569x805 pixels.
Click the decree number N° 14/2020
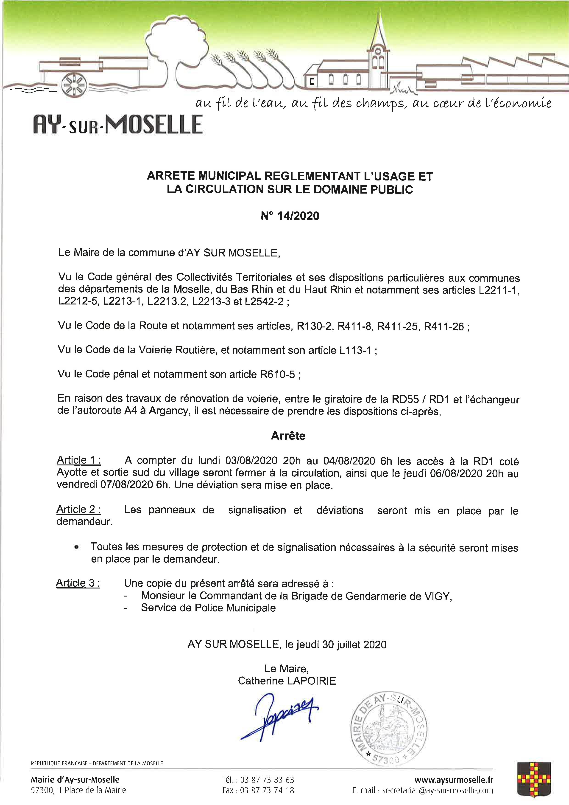pyautogui.click(x=290, y=216)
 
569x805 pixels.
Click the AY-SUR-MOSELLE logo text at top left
pyautogui.click(x=118, y=124)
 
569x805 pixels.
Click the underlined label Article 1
pyautogui.click(x=79, y=460)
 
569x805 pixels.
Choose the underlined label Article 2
pyautogui.click(x=78, y=509)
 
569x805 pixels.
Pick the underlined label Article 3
pyautogui.click(x=78, y=583)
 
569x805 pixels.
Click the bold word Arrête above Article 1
pyautogui.click(x=288, y=436)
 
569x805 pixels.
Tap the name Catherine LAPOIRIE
pyautogui.click(x=287, y=681)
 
